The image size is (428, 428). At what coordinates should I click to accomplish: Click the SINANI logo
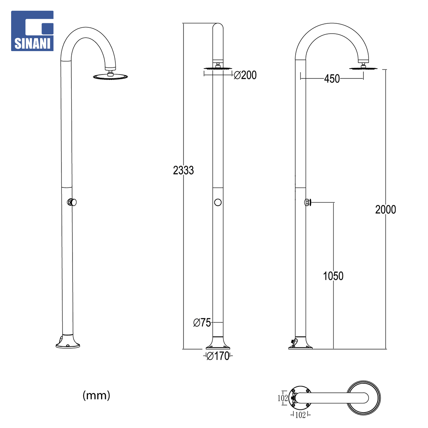point(32,31)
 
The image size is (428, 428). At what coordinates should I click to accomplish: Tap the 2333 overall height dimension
point(183,170)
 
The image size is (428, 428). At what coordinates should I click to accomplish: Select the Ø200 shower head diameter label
point(245,75)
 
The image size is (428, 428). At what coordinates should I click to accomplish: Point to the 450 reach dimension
point(332,79)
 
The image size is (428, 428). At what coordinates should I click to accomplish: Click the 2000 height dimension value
point(386,210)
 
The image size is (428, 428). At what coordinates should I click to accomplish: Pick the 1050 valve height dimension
point(333,276)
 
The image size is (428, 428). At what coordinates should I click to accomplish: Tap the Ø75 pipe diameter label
point(202,323)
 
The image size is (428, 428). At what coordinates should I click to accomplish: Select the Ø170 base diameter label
point(218,356)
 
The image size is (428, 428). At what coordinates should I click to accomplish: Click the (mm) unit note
point(96,395)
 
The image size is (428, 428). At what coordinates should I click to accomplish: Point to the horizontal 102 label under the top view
point(300,415)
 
